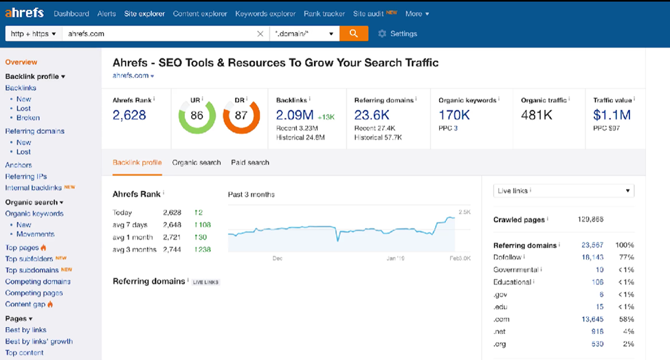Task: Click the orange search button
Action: point(353,33)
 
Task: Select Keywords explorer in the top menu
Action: point(265,14)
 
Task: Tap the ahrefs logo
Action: point(25,13)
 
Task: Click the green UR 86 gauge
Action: point(197,115)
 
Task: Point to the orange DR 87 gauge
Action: point(241,115)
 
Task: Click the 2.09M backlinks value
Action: point(295,115)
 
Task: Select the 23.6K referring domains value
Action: point(372,115)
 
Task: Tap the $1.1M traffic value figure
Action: point(612,115)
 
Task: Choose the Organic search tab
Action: point(197,163)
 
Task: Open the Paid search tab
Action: point(250,163)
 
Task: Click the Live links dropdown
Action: point(563,191)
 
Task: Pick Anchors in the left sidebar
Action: point(19,165)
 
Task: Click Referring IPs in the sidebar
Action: point(26,177)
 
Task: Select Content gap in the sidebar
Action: point(25,304)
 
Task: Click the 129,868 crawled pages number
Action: point(591,220)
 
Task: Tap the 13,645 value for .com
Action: point(592,319)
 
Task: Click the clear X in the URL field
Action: point(260,34)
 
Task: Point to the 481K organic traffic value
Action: point(537,115)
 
